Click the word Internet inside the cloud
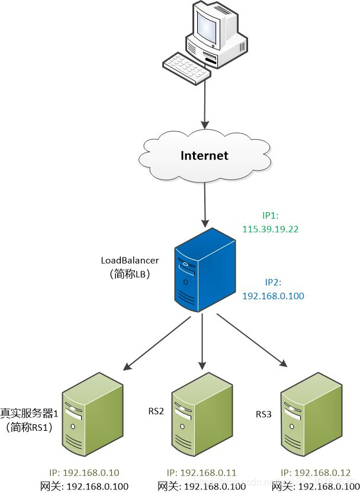(204, 156)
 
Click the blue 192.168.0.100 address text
(273, 295)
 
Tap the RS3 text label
(263, 413)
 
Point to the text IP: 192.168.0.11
(202, 472)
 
